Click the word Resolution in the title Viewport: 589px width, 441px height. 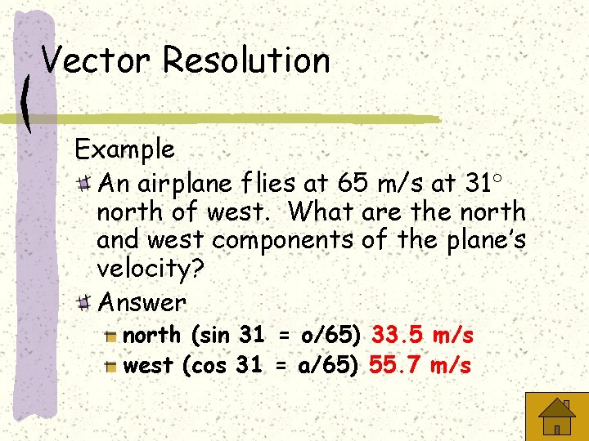(x=246, y=60)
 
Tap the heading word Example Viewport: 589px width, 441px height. (x=124, y=149)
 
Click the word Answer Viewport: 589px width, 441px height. (x=142, y=302)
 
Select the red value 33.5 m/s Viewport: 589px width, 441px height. (x=422, y=335)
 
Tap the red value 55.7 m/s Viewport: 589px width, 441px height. (x=420, y=365)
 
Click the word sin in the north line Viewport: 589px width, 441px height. (x=212, y=335)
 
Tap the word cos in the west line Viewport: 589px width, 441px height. (x=210, y=365)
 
